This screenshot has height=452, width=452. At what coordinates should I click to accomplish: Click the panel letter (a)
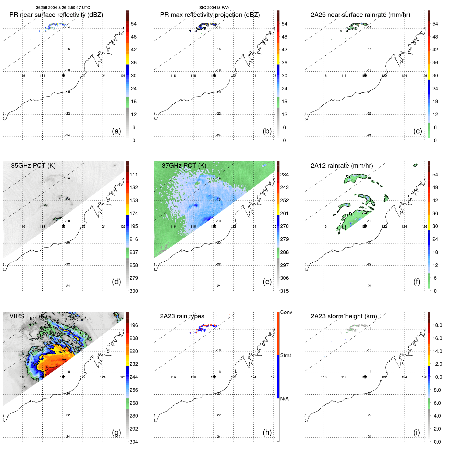pos(116,131)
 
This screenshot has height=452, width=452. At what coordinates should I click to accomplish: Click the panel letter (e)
pos(267,282)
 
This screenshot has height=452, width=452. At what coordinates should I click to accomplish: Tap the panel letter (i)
pos(417,432)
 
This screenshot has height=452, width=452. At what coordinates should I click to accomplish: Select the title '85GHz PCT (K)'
pos(33,165)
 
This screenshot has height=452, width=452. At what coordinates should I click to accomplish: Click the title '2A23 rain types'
pos(182,316)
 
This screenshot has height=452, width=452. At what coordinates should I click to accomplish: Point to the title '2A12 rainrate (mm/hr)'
pos(341,165)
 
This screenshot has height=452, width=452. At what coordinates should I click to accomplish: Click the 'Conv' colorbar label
pos(286,312)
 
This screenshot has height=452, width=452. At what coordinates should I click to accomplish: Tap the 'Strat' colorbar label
pos(285,355)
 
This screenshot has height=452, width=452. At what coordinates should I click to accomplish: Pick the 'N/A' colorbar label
pos(284,399)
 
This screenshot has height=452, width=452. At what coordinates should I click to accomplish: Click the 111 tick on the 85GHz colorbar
pos(134,175)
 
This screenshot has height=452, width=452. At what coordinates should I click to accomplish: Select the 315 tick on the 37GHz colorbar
pos(284,291)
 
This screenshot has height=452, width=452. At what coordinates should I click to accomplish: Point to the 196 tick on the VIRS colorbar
pos(134,325)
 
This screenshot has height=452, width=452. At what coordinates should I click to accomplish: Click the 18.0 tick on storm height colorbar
pos(437,325)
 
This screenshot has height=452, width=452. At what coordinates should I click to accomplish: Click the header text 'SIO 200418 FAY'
pos(214,8)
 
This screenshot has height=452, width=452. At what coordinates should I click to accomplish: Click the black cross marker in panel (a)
pos(63,75)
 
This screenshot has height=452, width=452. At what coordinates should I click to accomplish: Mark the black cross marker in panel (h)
pos(214,377)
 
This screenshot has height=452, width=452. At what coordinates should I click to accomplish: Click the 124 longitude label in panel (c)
pos(404,76)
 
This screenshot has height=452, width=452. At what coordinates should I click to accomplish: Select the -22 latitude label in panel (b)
pos(218,114)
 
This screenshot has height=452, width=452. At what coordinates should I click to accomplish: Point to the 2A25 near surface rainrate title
pos(360,15)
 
